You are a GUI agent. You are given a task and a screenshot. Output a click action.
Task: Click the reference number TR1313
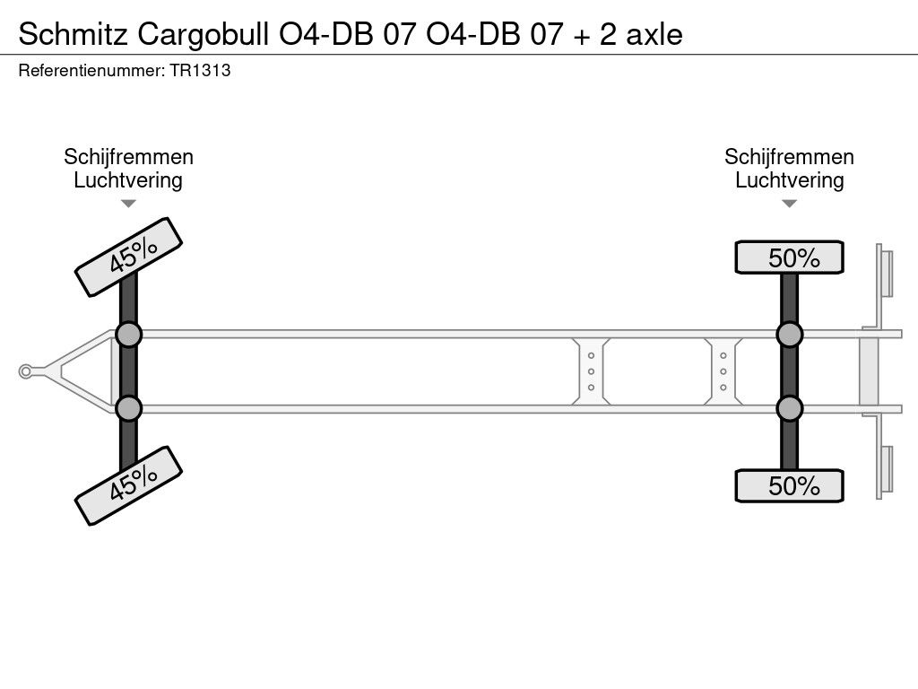click(199, 71)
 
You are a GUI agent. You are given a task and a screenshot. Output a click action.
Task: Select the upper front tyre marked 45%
click(128, 257)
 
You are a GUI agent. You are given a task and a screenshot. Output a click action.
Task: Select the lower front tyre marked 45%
click(128, 485)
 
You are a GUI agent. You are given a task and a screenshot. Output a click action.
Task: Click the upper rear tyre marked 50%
click(789, 257)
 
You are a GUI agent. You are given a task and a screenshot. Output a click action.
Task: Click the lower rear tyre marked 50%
click(789, 485)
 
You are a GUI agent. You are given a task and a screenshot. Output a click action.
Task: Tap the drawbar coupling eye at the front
click(27, 371)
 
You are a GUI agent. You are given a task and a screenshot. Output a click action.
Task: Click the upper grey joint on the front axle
click(128, 335)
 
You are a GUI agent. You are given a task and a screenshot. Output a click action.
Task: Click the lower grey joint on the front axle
click(128, 408)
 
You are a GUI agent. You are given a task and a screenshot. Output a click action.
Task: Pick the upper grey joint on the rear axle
click(789, 335)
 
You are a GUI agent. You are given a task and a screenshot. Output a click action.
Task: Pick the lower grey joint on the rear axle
click(789, 408)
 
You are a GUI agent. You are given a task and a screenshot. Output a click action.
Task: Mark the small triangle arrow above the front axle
click(128, 204)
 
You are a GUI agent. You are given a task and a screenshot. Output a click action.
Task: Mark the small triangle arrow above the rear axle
click(789, 204)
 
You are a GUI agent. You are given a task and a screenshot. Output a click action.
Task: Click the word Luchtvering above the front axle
click(128, 180)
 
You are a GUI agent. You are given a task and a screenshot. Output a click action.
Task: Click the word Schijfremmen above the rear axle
click(789, 157)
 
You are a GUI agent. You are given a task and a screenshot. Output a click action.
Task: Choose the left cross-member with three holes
click(592, 371)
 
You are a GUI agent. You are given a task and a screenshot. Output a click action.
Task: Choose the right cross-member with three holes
click(723, 371)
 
